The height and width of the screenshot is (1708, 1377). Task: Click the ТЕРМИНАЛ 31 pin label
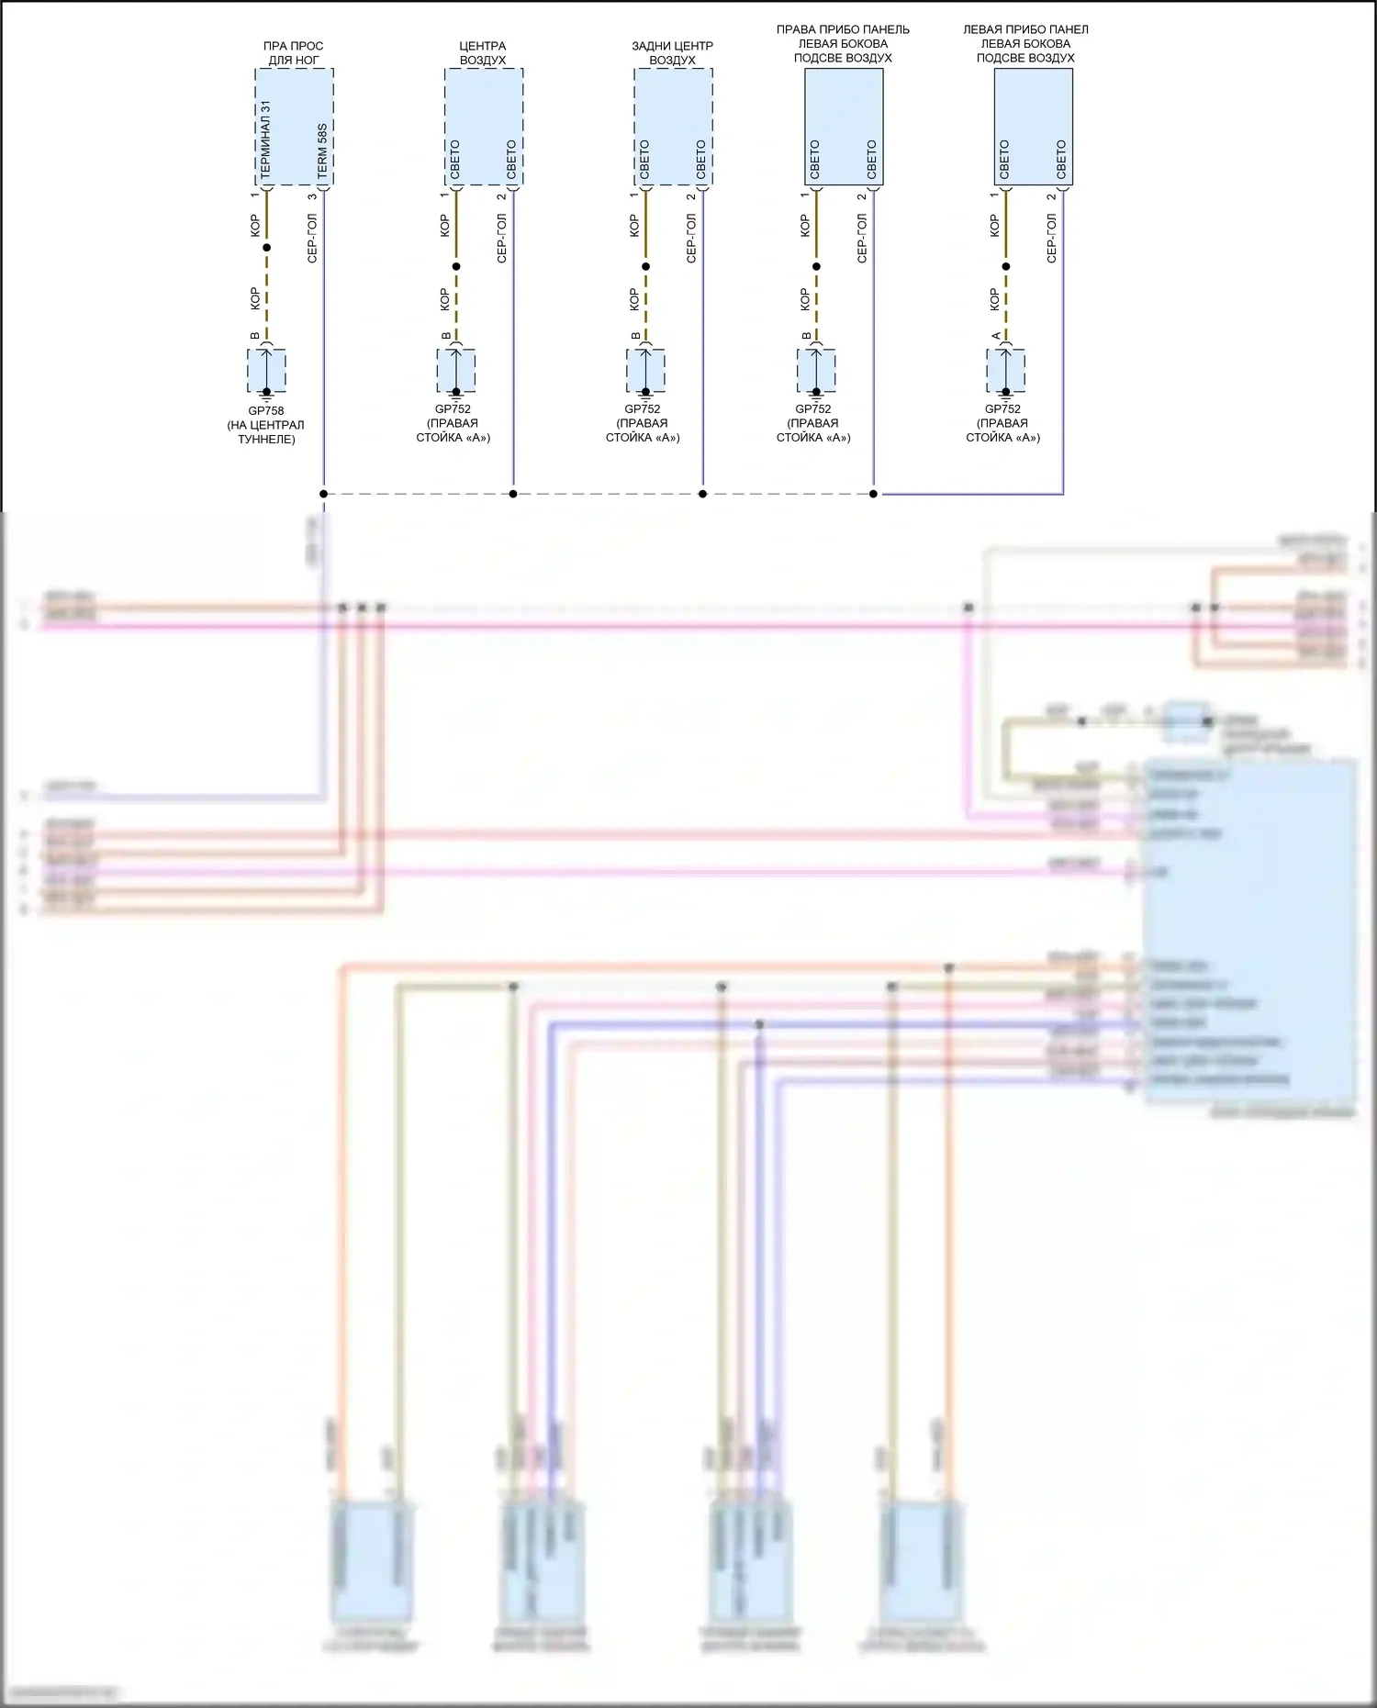pyautogui.click(x=265, y=140)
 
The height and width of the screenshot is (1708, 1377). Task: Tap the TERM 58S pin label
pyautogui.click(x=322, y=151)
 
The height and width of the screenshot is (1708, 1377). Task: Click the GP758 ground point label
pyautogui.click(x=266, y=411)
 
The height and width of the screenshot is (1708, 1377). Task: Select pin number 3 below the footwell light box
pyautogui.click(x=312, y=196)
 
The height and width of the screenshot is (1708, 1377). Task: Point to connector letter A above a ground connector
pyautogui.click(x=996, y=336)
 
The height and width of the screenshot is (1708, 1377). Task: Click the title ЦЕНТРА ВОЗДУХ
pyautogui.click(x=483, y=53)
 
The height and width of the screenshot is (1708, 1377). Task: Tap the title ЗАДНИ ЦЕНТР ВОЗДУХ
pyautogui.click(x=672, y=53)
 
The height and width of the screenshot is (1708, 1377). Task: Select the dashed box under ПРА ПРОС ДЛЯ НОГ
pyautogui.click(x=294, y=127)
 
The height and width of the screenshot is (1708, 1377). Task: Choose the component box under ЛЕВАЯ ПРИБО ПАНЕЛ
pyautogui.click(x=1034, y=127)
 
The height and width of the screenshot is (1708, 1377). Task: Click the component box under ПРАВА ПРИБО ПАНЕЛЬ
pyautogui.click(x=844, y=127)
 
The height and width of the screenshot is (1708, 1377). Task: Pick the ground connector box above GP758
pyautogui.click(x=266, y=370)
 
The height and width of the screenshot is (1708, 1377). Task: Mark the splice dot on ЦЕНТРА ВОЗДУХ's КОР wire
pyautogui.click(x=456, y=267)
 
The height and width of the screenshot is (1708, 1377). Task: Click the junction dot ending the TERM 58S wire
pyautogui.click(x=323, y=494)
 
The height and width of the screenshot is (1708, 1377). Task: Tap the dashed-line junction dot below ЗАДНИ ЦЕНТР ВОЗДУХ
pyautogui.click(x=703, y=494)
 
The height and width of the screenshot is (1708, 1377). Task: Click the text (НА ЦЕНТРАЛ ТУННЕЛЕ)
pyautogui.click(x=266, y=432)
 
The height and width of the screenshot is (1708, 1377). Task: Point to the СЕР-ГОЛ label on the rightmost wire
pyautogui.click(x=1052, y=239)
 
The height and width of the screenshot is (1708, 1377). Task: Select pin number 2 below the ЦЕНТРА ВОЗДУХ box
pyautogui.click(x=501, y=196)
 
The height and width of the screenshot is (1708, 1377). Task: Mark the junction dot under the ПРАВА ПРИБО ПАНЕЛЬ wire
pyautogui.click(x=873, y=494)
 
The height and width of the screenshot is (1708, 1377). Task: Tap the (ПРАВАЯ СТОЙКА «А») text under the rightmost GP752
pyautogui.click(x=1002, y=430)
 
